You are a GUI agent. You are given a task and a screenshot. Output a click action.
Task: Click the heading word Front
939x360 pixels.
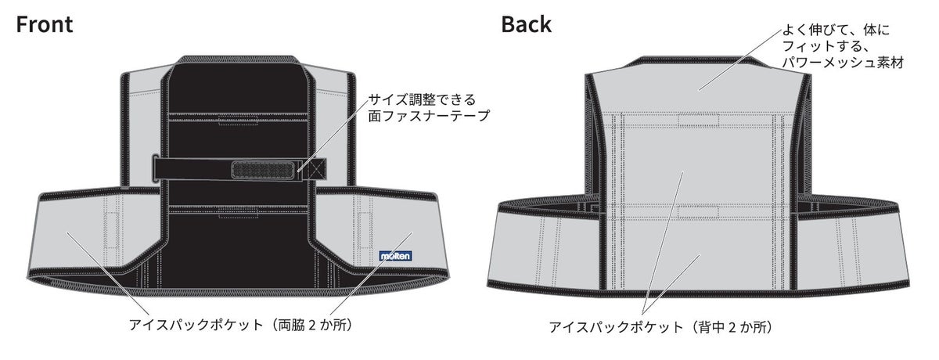coord(45,24)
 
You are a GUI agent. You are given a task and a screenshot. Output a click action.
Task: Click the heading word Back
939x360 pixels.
coord(526,24)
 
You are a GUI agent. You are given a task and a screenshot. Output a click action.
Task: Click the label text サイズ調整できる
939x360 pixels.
coord(422,100)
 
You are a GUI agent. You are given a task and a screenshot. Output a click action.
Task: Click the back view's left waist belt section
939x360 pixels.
coord(540,250)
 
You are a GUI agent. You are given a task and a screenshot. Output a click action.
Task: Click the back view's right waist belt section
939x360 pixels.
coord(853,250)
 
